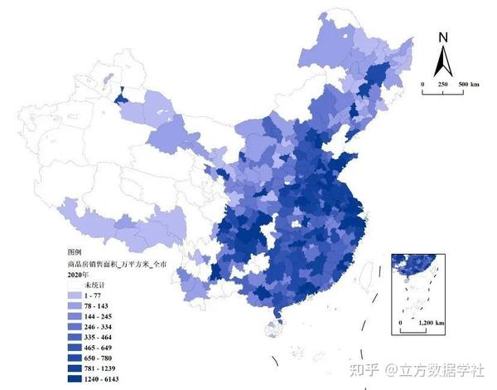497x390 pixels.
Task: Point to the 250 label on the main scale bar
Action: [x=443, y=85]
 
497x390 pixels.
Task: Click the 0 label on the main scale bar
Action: [x=422, y=85]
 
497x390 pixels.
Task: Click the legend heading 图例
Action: [x=75, y=250]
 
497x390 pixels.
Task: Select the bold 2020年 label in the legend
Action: [x=80, y=273]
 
